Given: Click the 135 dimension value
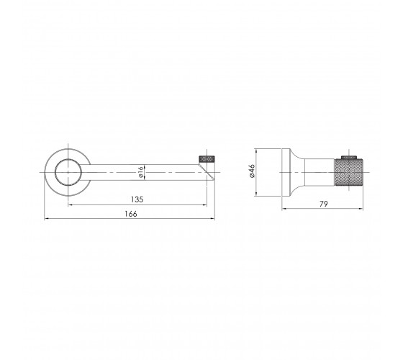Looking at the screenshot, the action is (137, 199).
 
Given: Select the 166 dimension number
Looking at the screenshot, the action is (131, 214).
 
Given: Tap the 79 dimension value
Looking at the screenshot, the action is (324, 204).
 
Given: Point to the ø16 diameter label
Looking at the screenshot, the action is (140, 172).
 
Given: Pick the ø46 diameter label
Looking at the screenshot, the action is (252, 171).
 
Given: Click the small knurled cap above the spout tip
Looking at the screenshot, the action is (207, 159).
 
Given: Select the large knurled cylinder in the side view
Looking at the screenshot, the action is (349, 172).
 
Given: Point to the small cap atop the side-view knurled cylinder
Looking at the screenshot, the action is (349, 158).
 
